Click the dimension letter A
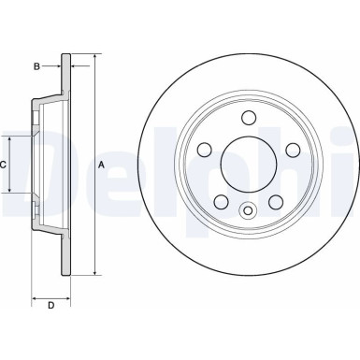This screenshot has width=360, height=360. [102, 166]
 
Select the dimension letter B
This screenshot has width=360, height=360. [36, 65]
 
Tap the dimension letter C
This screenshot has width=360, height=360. [4, 165]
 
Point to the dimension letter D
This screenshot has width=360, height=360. [50, 306]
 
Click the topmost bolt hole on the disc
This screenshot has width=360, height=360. [249, 118]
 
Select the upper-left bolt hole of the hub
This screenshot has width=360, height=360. [204, 150]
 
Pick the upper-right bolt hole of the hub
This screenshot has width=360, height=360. [293, 150]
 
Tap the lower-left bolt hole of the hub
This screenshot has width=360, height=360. [221, 201]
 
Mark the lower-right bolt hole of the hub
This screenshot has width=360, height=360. [276, 201]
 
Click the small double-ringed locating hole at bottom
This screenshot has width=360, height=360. [249, 210]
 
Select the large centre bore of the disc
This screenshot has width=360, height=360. [249, 165]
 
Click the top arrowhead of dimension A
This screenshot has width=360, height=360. [94, 57]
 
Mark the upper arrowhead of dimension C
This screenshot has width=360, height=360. [11, 137]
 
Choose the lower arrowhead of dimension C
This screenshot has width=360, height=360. [11, 191]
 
